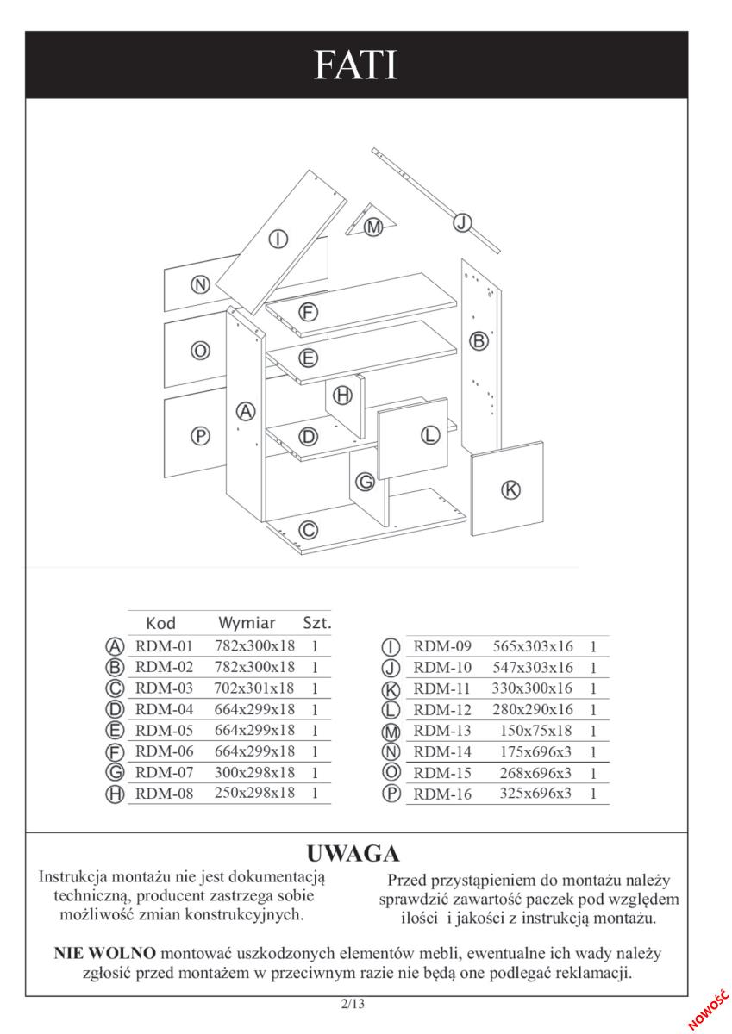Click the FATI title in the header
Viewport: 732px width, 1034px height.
(x=355, y=65)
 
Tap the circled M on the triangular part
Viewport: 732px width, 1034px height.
(x=373, y=227)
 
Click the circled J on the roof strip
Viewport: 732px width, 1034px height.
(x=461, y=223)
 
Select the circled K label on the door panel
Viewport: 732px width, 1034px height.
(x=510, y=489)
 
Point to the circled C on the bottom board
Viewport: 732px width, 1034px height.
(x=309, y=529)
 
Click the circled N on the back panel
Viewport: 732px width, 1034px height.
(x=200, y=285)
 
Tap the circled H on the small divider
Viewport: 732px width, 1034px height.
(x=342, y=396)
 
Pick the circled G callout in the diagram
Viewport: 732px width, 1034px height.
(x=365, y=483)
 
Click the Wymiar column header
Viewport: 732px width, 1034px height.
(x=247, y=623)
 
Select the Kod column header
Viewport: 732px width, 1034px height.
(x=160, y=623)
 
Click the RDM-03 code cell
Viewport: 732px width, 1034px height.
(x=164, y=688)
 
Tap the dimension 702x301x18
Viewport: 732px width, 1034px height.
(x=254, y=688)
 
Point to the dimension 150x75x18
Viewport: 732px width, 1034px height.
(x=535, y=731)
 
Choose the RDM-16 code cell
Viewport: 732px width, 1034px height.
(x=442, y=794)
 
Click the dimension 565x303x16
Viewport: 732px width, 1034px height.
(x=533, y=646)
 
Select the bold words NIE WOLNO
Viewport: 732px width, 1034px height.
(x=105, y=953)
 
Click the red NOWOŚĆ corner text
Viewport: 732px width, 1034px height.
(x=709, y=1011)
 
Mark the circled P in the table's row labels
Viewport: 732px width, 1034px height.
(x=391, y=794)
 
